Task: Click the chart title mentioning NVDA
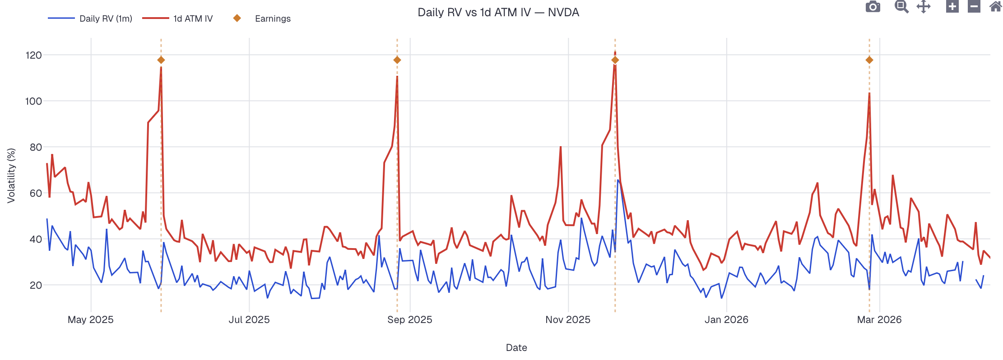tap(498, 12)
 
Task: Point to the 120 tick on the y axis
tap(34, 55)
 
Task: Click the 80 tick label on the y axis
tap(36, 147)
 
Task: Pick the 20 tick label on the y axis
tap(36, 285)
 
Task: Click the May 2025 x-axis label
tap(91, 319)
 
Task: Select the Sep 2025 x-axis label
tap(409, 319)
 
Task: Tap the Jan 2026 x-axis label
tap(726, 319)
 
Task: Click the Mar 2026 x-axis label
tap(879, 319)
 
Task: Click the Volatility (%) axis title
tap(11, 175)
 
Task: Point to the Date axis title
tap(516, 347)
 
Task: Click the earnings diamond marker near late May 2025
tap(161, 60)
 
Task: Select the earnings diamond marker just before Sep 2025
tap(397, 60)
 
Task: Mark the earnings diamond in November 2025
tap(615, 60)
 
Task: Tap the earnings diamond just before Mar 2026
tap(869, 60)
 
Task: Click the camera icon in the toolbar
tap(873, 7)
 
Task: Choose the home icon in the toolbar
tap(995, 7)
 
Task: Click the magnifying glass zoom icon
tap(901, 7)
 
